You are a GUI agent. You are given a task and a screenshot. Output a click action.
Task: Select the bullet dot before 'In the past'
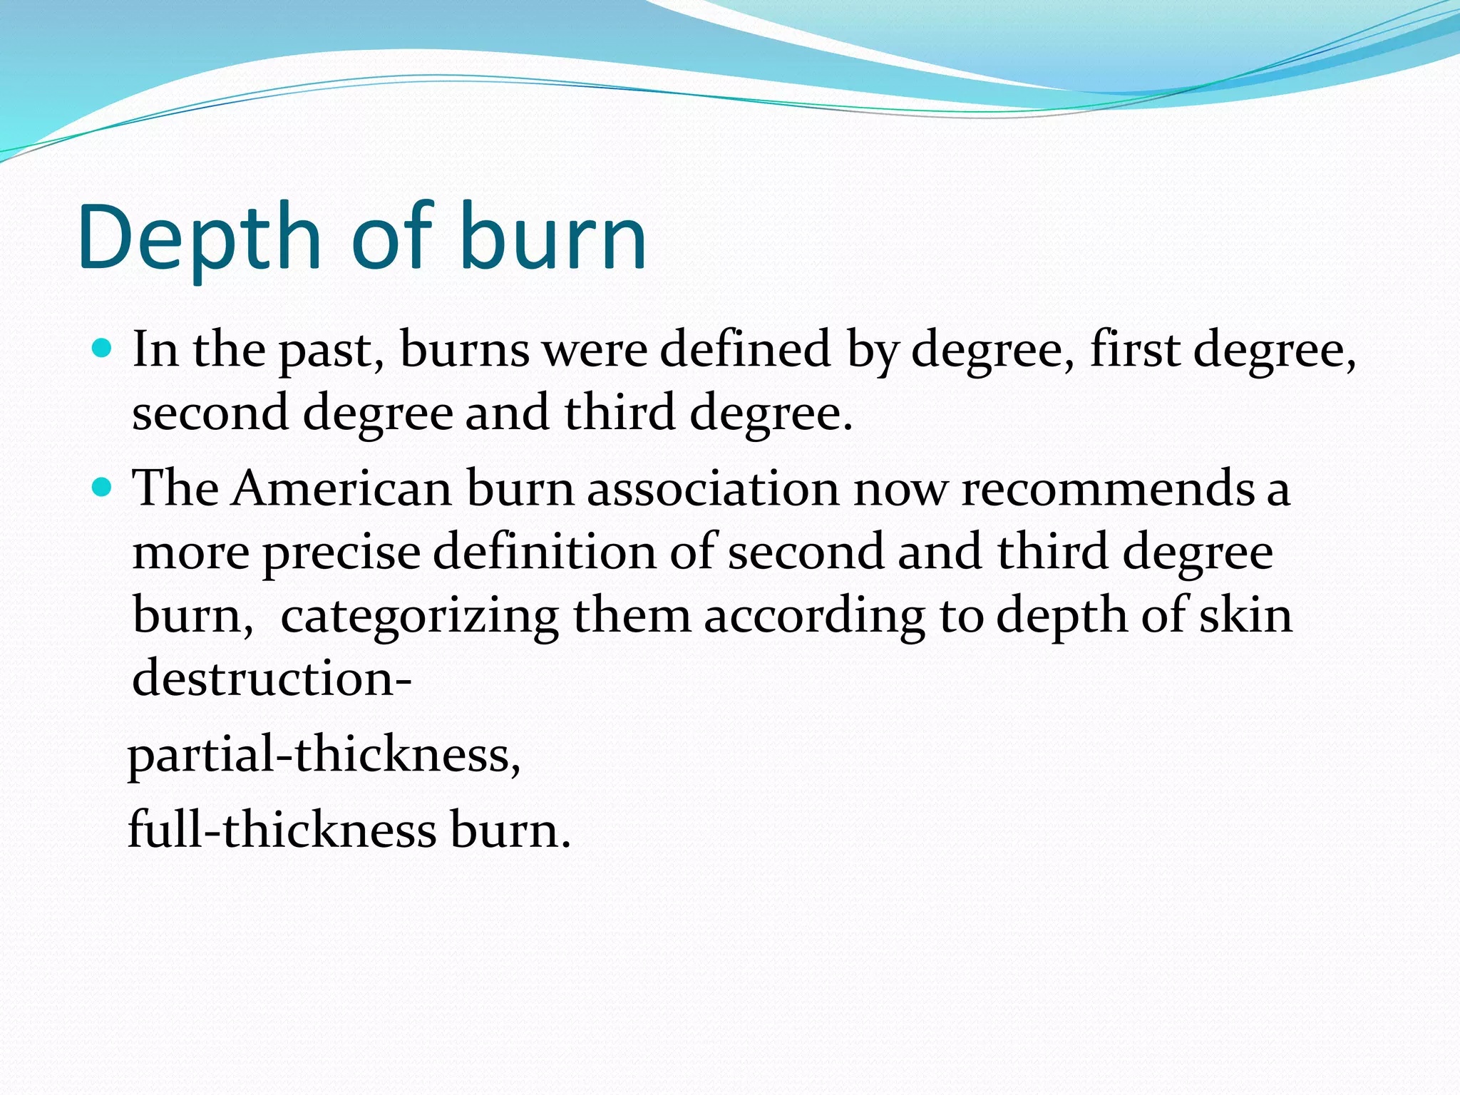coord(103,349)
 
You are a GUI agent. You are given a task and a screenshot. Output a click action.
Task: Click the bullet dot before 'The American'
coord(103,488)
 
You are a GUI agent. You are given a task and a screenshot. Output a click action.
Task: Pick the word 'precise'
coord(341,553)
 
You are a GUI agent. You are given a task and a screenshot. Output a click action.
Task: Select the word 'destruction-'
coord(272,678)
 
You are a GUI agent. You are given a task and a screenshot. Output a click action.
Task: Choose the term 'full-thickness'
coord(282,831)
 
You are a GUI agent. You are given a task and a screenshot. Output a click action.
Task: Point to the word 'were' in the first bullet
coord(595,350)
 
